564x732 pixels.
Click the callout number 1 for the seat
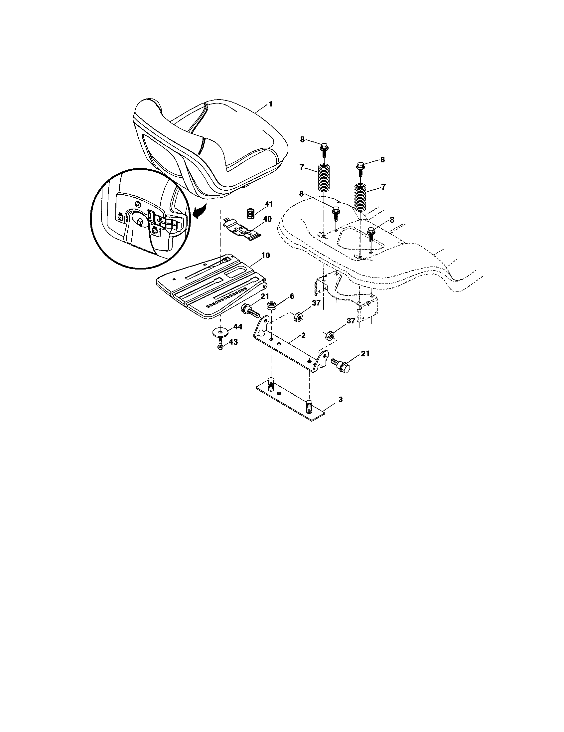[x=270, y=104]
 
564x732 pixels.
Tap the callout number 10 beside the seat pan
[x=266, y=256]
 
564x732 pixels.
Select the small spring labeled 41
[x=251, y=213]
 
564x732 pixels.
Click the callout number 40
[x=268, y=219]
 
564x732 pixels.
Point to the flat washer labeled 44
[x=220, y=332]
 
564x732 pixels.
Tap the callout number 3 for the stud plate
[x=341, y=400]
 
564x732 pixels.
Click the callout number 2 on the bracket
[x=303, y=335]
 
